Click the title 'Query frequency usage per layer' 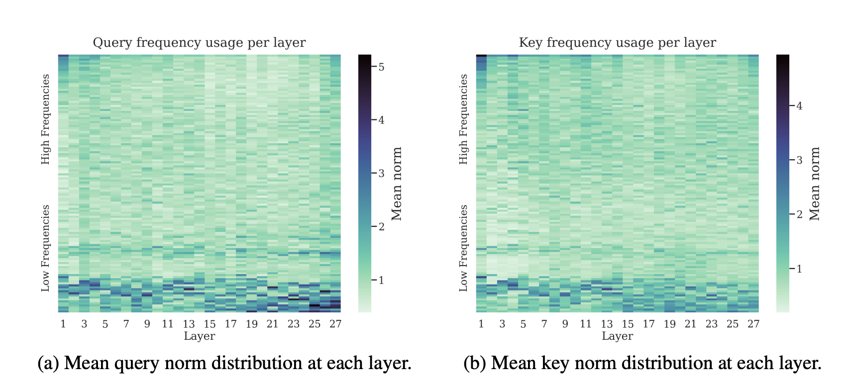point(199,43)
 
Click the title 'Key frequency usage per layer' point(617,43)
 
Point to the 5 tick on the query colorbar point(381,66)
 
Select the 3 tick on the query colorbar point(381,173)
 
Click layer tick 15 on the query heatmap point(210,324)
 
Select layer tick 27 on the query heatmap point(335,324)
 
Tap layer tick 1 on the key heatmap point(481,324)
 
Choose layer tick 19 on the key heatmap point(670,324)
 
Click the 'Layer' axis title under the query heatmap point(199,336)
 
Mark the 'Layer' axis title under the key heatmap point(617,336)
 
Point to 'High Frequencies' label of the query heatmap point(46,119)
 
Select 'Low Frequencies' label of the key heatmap point(464,248)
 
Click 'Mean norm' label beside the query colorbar point(397,184)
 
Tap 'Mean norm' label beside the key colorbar point(815,184)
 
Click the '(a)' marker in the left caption point(48,364)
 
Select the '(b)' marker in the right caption point(475,364)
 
